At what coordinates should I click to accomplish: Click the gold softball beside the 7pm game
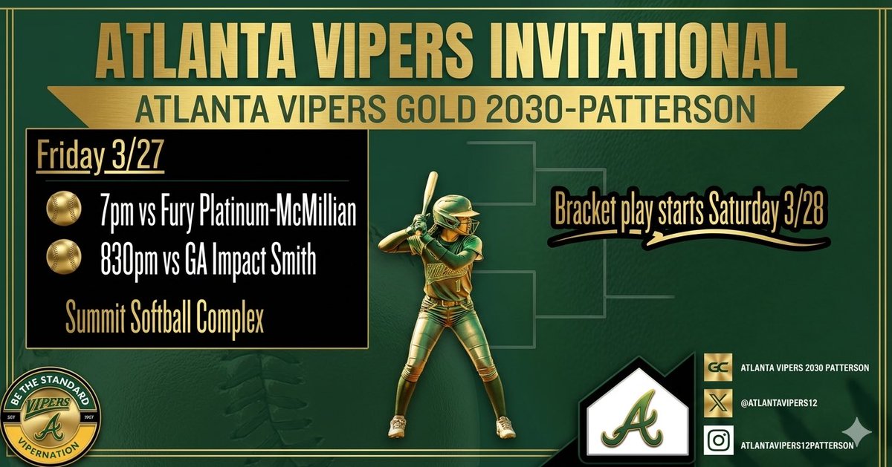[64, 208]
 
